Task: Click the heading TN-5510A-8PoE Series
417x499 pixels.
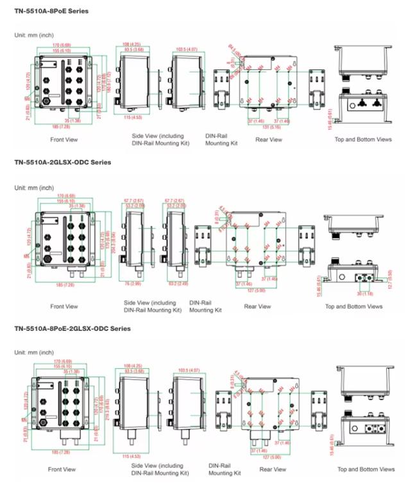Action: coord(51,11)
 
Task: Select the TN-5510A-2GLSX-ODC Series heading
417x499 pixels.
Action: coord(62,162)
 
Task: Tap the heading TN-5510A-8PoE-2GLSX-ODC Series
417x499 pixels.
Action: coord(72,328)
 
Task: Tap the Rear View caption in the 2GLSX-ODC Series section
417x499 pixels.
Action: coord(259,307)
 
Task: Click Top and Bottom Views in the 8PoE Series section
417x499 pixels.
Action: coord(363,139)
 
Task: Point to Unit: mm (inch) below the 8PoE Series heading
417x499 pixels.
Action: coord(34,34)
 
